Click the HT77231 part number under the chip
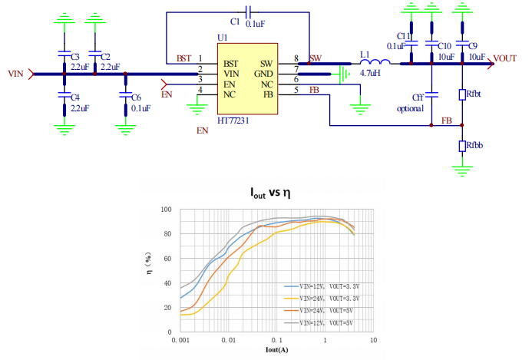(x=233, y=121)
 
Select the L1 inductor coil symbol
(x=375, y=62)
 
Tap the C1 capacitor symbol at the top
(x=248, y=12)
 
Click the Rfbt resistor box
(x=462, y=94)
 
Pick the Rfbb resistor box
(x=462, y=147)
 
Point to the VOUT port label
(x=505, y=58)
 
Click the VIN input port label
(x=15, y=74)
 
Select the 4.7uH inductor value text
(x=370, y=73)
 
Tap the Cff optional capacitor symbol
(x=431, y=94)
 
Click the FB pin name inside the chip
(x=268, y=94)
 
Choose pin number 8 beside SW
(x=296, y=58)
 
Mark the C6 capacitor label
(x=137, y=97)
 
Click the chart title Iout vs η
(x=270, y=193)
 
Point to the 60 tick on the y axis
(x=167, y=259)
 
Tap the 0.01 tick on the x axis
(x=228, y=340)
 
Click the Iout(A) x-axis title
(x=277, y=350)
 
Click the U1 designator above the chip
(x=222, y=38)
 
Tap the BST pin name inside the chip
(x=231, y=64)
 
